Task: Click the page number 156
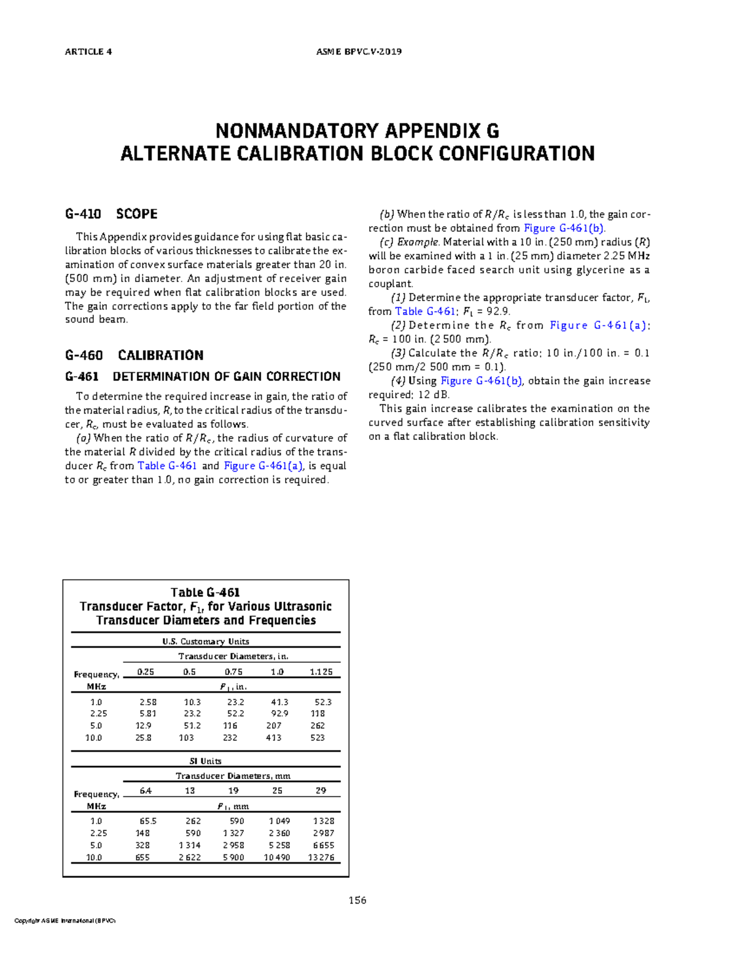357,901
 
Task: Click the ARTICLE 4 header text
88,52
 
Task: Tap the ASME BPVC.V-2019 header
359,52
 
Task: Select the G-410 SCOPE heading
111,214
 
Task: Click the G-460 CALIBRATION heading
134,355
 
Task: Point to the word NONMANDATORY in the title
297,131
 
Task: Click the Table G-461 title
205,592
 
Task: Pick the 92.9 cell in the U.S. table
279,714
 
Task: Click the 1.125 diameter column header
321,672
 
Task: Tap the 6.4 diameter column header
146,791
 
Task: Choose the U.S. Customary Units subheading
206,641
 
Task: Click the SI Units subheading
205,761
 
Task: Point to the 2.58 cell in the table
148,702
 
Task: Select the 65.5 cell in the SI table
148,821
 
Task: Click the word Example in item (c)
418,242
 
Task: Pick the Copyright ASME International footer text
65,921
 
